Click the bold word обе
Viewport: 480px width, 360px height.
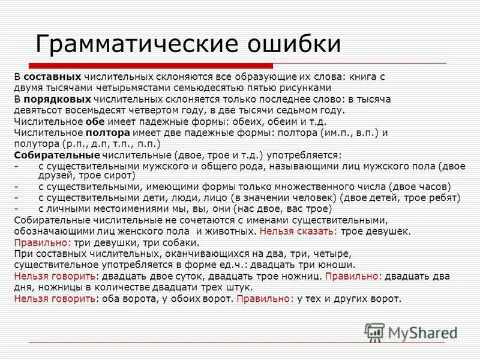click(x=95, y=121)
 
